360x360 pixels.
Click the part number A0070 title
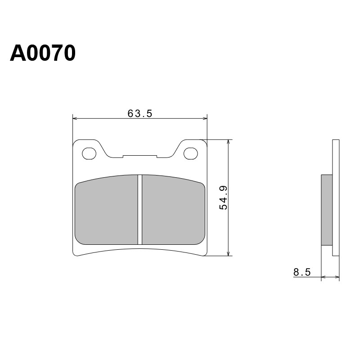[43, 53]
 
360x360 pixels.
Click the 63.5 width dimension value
[140, 113]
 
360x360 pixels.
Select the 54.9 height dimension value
[223, 198]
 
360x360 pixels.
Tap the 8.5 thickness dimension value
[302, 272]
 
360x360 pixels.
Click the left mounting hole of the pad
[89, 153]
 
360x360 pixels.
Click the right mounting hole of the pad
[190, 153]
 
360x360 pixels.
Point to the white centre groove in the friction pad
[140, 210]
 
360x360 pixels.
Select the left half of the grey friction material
[107, 210]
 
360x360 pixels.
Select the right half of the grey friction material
[173, 210]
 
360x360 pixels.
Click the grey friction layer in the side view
[327, 210]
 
